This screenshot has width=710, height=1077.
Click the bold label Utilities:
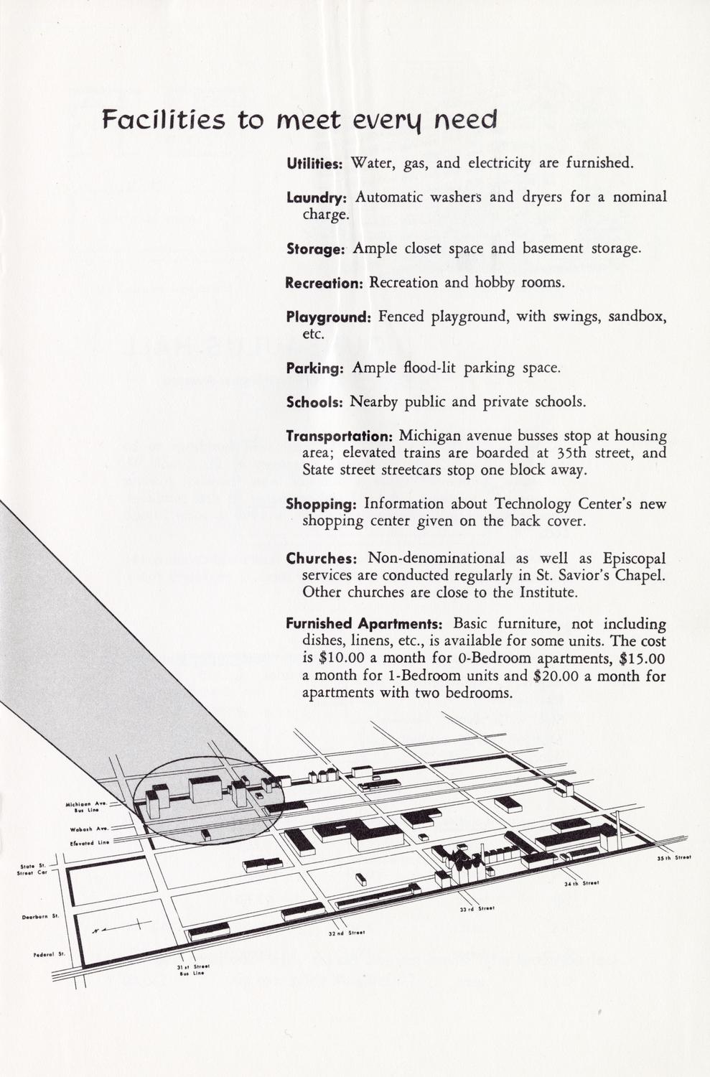315,164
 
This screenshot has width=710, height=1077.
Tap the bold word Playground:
328,317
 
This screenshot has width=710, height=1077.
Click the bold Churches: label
322,559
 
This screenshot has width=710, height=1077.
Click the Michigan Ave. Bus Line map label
86,808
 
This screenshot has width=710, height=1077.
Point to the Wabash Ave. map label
88,829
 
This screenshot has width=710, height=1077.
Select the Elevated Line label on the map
89,842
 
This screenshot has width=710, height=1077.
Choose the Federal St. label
50,954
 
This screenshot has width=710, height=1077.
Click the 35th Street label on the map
673,857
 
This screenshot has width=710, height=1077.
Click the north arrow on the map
122,927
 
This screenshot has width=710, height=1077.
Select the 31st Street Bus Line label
187,970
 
